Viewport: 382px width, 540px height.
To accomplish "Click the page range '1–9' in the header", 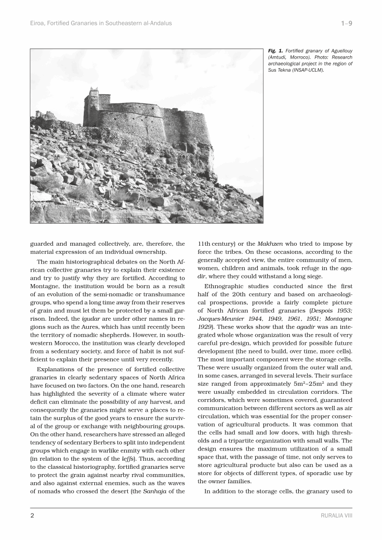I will click(x=346, y=23).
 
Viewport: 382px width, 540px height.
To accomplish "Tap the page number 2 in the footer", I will click(x=32, y=515).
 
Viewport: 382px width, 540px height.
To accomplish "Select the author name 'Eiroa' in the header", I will click(x=39, y=23).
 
